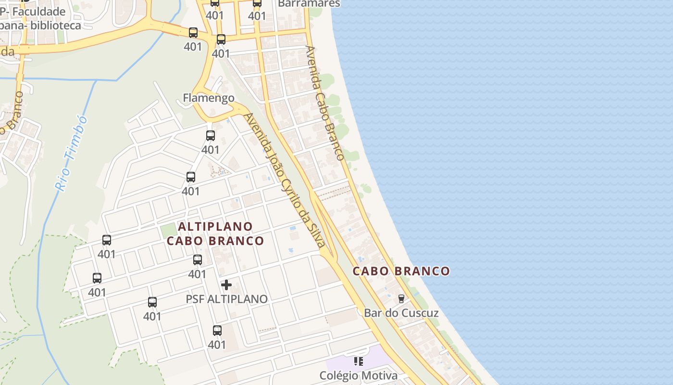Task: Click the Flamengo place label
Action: click(x=209, y=98)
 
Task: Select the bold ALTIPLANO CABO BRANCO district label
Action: click(x=215, y=233)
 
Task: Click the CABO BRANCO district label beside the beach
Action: click(x=401, y=271)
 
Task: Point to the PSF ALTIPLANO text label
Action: click(x=226, y=299)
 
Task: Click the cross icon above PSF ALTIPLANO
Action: click(x=226, y=285)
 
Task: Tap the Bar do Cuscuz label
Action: click(x=401, y=313)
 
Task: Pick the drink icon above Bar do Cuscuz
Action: click(x=401, y=298)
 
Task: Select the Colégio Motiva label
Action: click(x=359, y=375)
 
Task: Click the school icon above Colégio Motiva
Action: click(x=358, y=361)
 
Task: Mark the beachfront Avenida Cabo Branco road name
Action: click(x=325, y=103)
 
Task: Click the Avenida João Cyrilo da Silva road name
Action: click(x=285, y=180)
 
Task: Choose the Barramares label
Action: click(x=309, y=3)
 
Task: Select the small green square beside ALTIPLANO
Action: click(x=168, y=231)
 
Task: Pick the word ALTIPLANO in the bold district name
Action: click(x=215, y=226)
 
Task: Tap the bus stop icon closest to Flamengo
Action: click(x=211, y=136)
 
